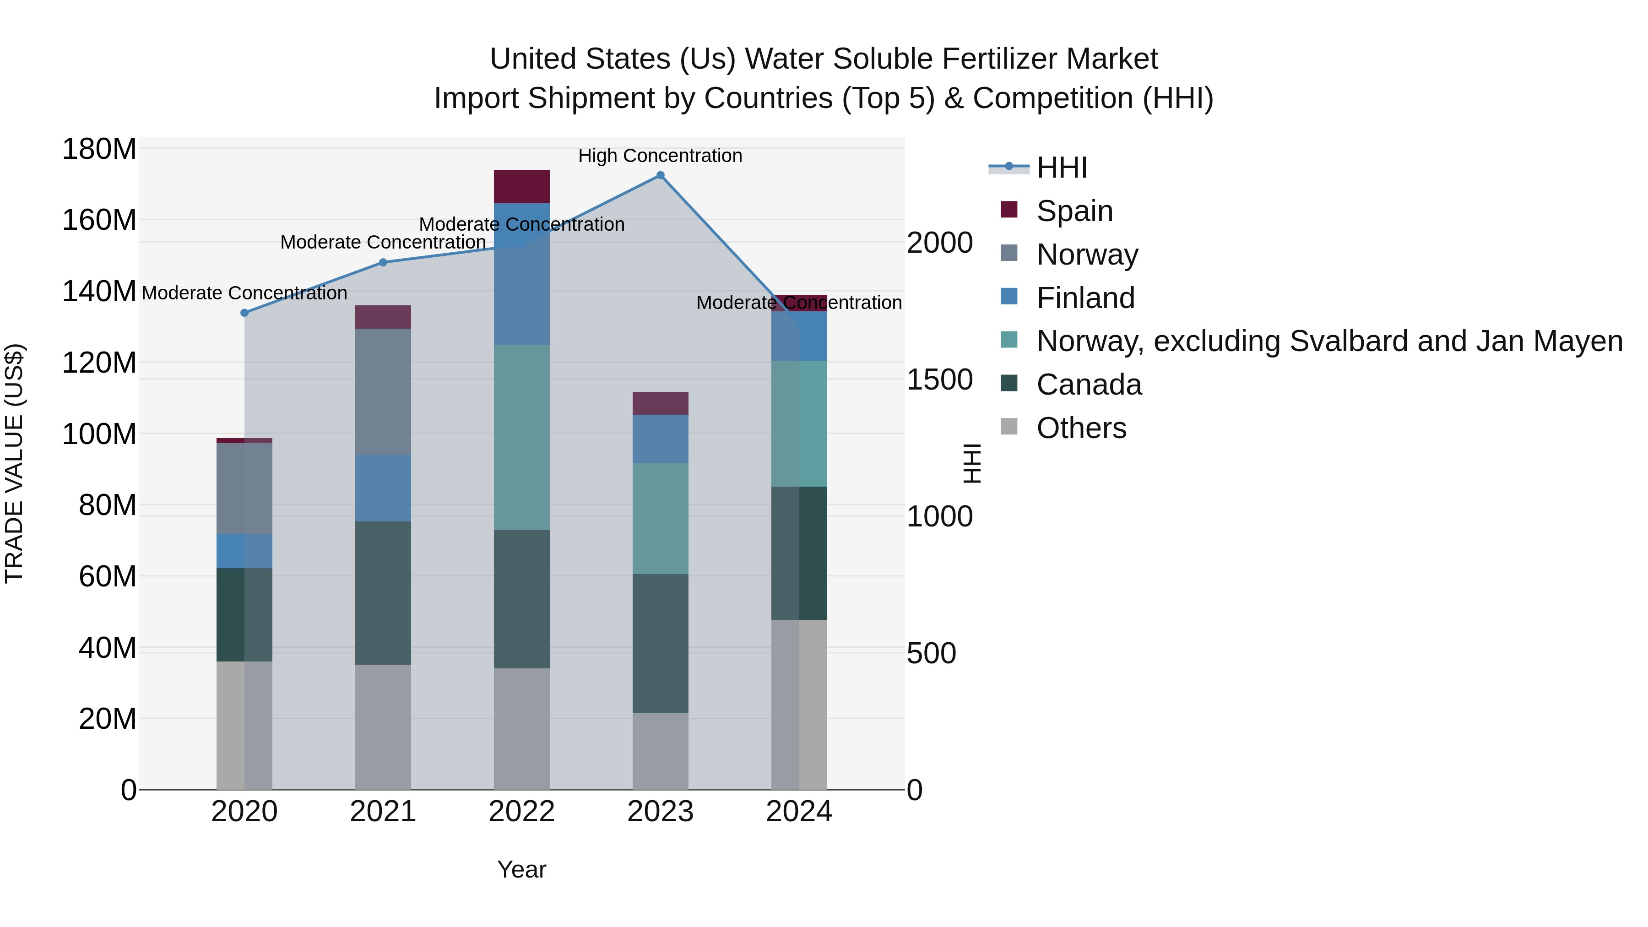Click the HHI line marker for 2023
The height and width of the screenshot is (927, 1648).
tap(660, 175)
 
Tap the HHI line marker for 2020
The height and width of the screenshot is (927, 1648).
tap(244, 313)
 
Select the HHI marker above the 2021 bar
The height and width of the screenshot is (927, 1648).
tap(383, 262)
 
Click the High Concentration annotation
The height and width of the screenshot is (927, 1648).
tap(660, 156)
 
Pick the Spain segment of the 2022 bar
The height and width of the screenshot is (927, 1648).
tap(521, 186)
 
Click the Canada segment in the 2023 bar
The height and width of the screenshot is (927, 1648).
tap(660, 643)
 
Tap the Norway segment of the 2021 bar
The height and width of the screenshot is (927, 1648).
tap(383, 391)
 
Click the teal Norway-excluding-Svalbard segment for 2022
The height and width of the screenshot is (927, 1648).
tap(521, 438)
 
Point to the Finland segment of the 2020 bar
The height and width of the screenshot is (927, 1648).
tap(244, 551)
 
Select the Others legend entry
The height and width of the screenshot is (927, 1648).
tap(1081, 428)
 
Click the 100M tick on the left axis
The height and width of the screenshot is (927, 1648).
tap(99, 434)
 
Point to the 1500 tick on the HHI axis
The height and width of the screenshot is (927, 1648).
tap(939, 380)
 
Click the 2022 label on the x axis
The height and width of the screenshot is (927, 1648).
tap(521, 812)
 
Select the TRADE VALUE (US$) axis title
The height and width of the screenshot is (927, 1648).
tap(14, 463)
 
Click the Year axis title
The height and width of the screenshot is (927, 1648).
tap(521, 869)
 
